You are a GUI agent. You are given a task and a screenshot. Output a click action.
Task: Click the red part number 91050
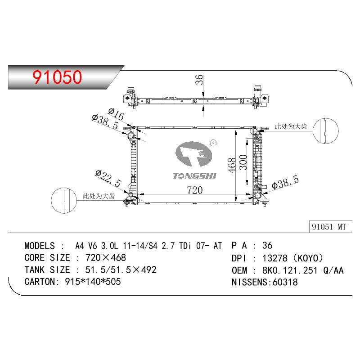[x=57, y=77]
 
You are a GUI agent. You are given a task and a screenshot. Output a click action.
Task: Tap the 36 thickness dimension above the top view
[x=199, y=80]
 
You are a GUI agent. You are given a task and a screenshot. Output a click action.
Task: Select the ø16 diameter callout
[x=116, y=114]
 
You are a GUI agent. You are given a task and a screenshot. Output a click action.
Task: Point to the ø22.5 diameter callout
[x=108, y=178]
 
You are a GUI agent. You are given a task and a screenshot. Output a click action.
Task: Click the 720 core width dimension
[x=195, y=190]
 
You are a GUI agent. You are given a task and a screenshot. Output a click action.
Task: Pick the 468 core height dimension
[x=232, y=165]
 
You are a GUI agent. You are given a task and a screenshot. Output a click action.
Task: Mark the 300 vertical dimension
[x=243, y=162]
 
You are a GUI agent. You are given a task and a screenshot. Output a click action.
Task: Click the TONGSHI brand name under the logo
[x=194, y=176]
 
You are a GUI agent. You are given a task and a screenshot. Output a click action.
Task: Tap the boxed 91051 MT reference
[x=329, y=227]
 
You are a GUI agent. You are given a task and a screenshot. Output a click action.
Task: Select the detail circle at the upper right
[x=325, y=131]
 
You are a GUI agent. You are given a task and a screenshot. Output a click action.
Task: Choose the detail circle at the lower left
[x=64, y=200]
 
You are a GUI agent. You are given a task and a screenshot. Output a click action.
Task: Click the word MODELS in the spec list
[x=40, y=246]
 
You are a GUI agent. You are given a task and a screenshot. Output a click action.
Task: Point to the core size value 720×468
[x=106, y=257]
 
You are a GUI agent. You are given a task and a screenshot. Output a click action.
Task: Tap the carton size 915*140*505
[x=93, y=282]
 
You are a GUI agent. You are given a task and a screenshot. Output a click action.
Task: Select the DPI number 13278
[x=275, y=258]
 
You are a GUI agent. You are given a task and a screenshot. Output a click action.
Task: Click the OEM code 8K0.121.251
[x=290, y=270]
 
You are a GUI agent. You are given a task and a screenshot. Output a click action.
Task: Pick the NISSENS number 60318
[x=285, y=282]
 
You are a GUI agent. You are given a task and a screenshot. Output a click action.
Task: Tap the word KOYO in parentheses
[x=308, y=258]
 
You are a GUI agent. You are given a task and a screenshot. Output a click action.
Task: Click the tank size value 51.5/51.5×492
[x=121, y=270]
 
